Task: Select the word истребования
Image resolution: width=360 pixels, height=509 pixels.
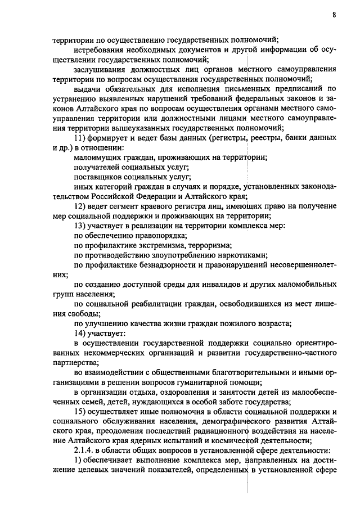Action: pos(100,50)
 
